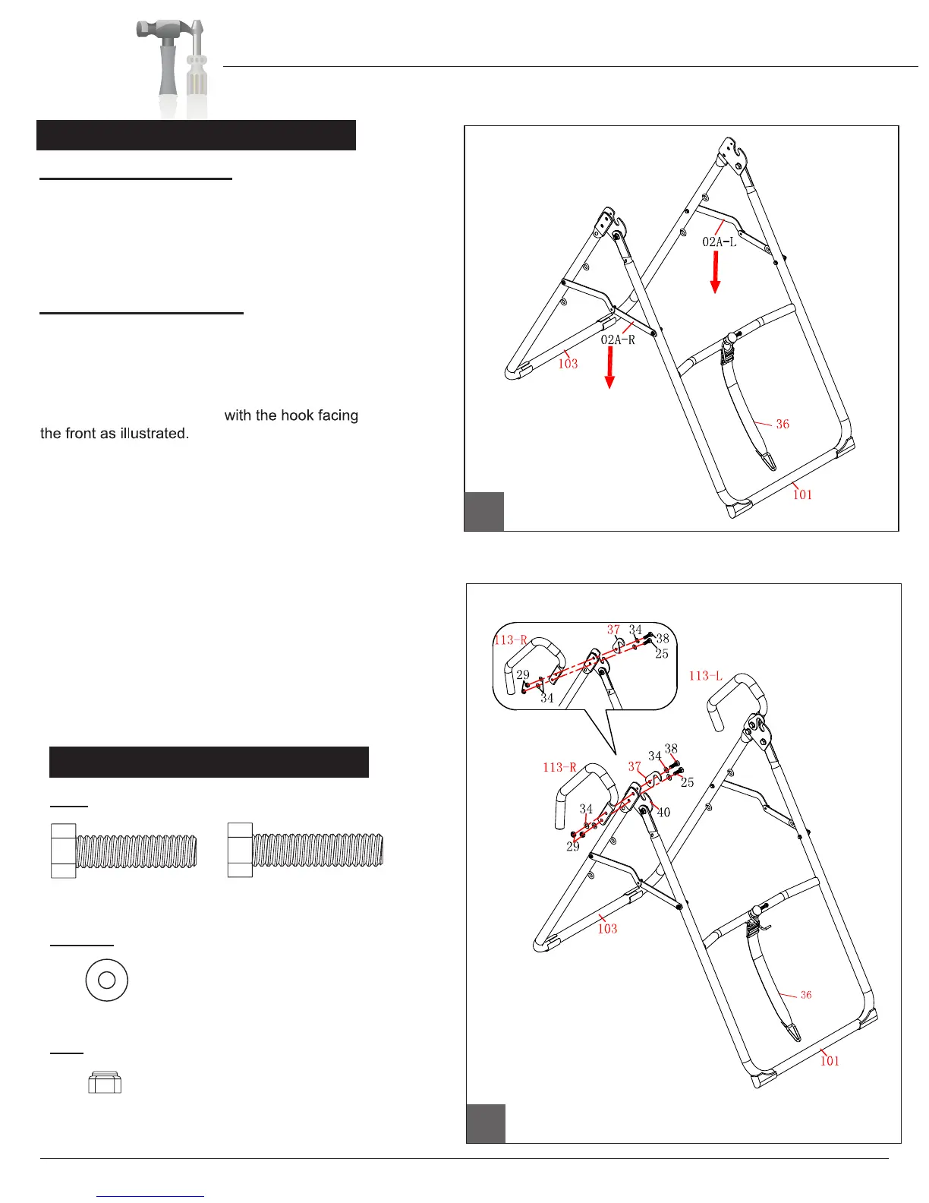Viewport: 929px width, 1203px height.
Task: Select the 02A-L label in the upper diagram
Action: tap(719, 242)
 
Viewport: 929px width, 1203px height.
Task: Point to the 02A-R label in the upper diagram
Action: tap(618, 339)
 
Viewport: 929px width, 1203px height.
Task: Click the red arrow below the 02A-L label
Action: tap(714, 273)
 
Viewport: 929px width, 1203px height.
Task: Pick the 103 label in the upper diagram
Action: tap(568, 364)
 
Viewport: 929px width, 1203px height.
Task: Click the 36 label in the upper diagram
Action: tap(783, 425)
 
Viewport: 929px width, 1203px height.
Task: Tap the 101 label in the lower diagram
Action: tap(830, 1061)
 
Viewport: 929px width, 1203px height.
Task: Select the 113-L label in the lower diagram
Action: tap(705, 676)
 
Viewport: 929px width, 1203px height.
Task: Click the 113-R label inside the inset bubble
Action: tap(510, 640)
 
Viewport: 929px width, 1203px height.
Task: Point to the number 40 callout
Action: tap(663, 813)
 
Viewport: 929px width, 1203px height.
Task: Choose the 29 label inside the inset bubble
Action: tap(523, 674)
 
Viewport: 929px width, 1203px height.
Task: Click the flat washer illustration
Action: tap(107, 980)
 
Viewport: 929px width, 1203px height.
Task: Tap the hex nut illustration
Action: tap(105, 1082)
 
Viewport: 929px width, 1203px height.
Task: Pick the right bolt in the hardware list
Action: tap(305, 851)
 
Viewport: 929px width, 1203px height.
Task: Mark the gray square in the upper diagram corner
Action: tap(484, 511)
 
